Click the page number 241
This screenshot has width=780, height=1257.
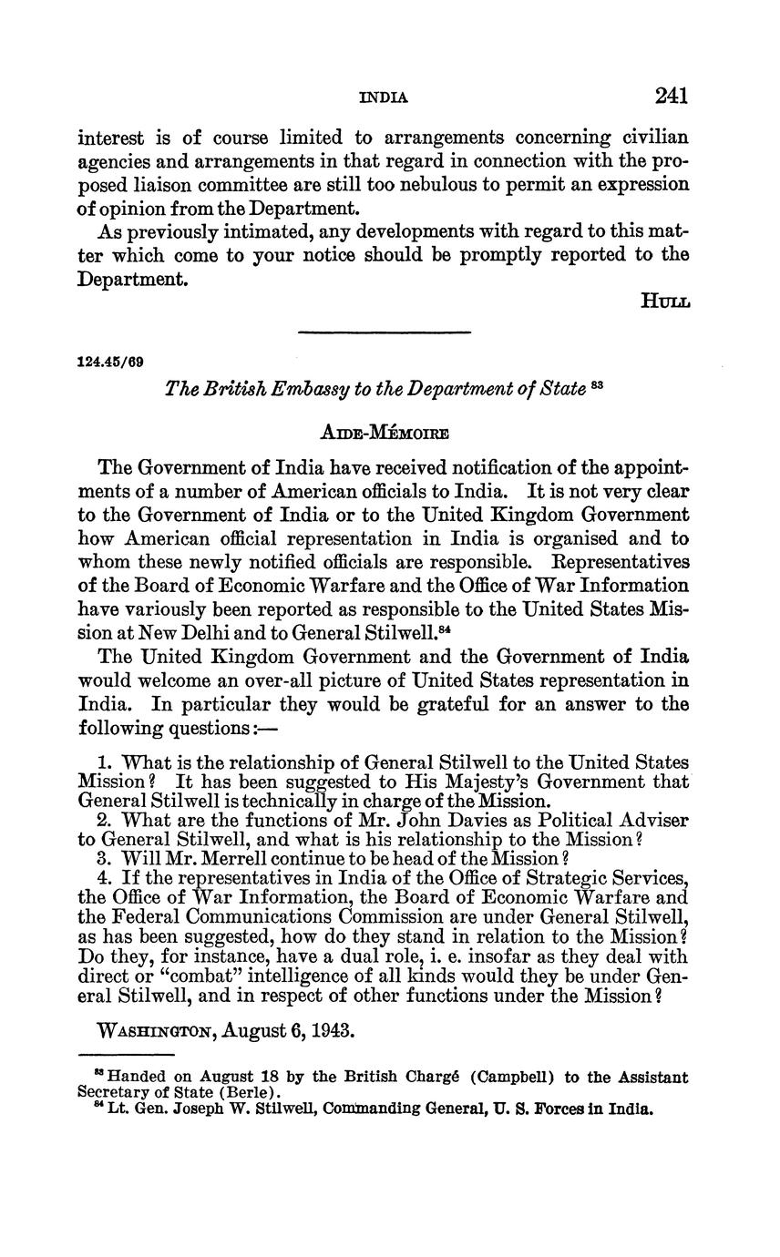(x=670, y=96)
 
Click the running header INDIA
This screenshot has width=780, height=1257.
(x=384, y=97)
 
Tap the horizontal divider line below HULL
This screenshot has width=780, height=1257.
(x=384, y=332)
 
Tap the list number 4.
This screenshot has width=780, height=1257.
(x=103, y=877)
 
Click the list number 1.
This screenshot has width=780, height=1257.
(x=103, y=762)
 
